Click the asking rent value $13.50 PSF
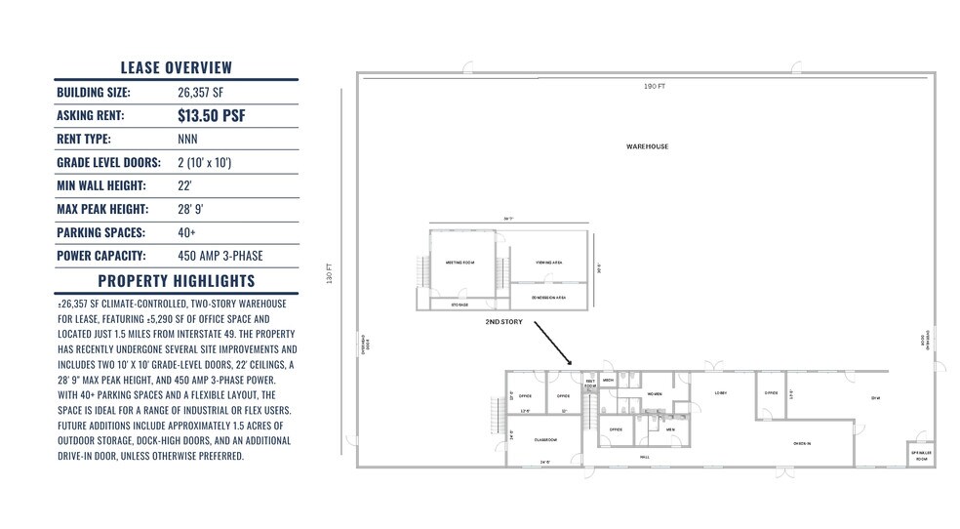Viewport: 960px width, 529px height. (211, 116)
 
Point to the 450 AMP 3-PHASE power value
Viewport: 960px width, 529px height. (220, 257)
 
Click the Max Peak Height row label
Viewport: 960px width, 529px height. (102, 210)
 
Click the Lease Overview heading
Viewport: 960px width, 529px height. (177, 67)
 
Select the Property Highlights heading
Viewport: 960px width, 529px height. (177, 281)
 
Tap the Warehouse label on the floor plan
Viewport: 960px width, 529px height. (647, 146)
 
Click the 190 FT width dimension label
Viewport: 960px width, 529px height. (654, 87)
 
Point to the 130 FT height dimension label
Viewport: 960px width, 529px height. (331, 270)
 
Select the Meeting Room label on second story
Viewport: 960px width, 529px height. (460, 263)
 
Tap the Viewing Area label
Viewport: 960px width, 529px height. (549, 263)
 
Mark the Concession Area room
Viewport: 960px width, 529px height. (549, 297)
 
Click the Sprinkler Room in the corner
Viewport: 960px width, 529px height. (919, 456)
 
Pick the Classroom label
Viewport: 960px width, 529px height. (544, 440)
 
